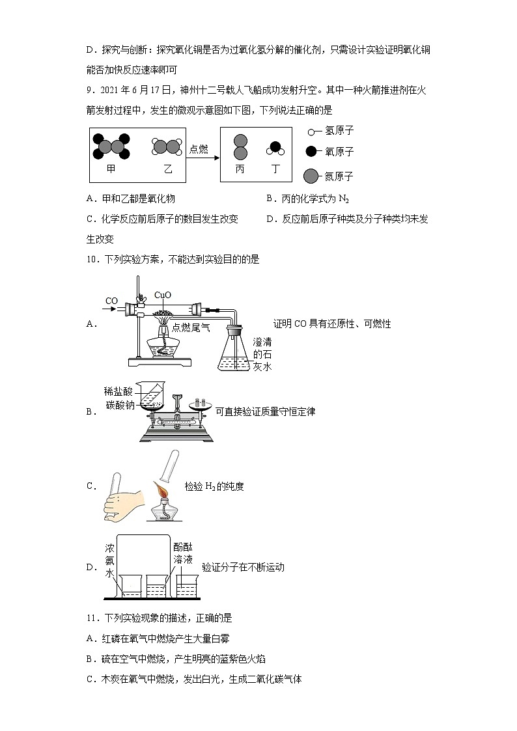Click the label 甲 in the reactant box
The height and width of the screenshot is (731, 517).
point(111,169)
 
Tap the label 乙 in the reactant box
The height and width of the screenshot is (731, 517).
point(168,169)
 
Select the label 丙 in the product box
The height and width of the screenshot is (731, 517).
point(240,169)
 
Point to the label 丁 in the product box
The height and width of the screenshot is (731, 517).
point(276,169)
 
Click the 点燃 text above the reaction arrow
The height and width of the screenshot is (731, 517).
point(199,149)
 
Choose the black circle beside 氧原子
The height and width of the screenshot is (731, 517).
point(311,152)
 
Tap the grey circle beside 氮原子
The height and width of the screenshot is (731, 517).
point(311,176)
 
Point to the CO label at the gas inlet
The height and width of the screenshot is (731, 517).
point(112,301)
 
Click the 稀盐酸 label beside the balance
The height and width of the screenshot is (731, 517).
point(117,391)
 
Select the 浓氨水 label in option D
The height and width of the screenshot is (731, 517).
point(110,560)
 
